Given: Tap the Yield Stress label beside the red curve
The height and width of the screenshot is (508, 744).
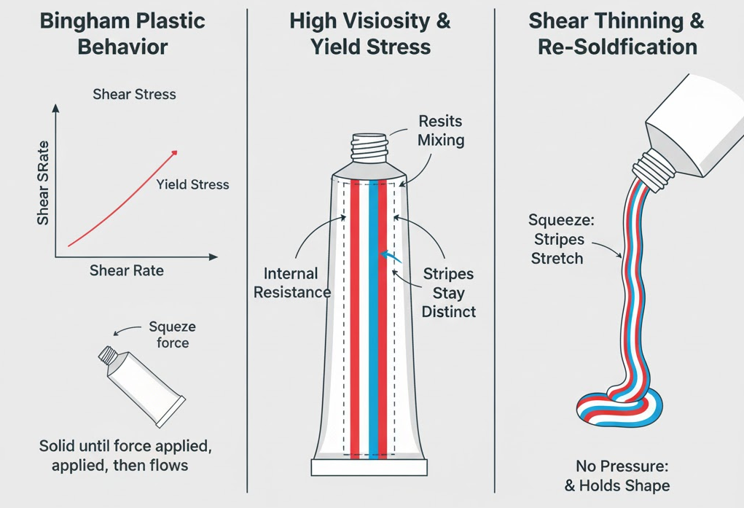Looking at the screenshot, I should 192,184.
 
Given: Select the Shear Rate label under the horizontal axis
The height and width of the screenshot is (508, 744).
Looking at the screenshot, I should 127,270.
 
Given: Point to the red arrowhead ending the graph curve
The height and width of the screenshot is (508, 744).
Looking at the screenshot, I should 174,152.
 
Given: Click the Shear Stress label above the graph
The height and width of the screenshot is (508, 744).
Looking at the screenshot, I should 134,94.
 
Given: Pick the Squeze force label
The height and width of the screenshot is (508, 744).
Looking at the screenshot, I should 172,335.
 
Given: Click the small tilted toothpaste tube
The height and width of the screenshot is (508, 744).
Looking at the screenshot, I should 141,386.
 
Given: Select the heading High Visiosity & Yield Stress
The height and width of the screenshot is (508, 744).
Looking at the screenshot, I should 370,34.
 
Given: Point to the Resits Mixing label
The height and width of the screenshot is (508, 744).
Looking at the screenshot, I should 440,130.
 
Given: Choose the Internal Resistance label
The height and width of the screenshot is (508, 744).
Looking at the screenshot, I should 291,283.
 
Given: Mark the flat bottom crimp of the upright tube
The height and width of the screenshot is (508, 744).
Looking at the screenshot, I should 369,467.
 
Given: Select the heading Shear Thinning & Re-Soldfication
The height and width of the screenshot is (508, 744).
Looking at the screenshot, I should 616,34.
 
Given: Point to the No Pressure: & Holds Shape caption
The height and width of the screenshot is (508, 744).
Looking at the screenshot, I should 622,475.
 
